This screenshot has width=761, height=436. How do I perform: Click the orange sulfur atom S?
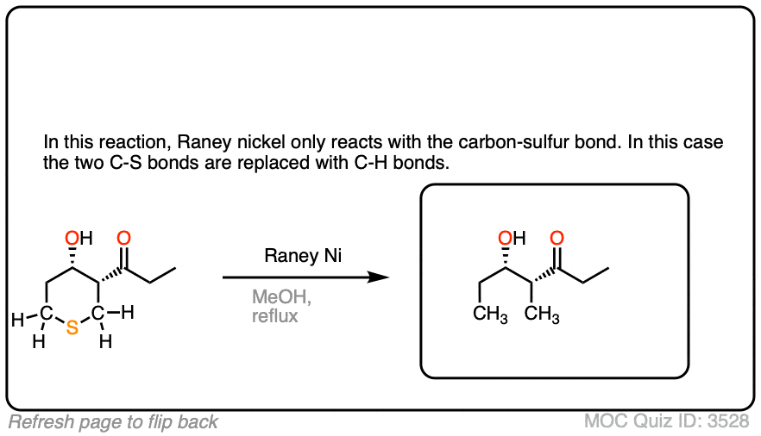pos(72,327)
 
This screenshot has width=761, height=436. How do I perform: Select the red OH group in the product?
pos(511,238)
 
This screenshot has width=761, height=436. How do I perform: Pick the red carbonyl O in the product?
pos(557,238)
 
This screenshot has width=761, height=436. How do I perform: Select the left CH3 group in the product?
pos(491,315)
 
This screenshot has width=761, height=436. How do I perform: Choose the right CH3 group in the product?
pos(542,315)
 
